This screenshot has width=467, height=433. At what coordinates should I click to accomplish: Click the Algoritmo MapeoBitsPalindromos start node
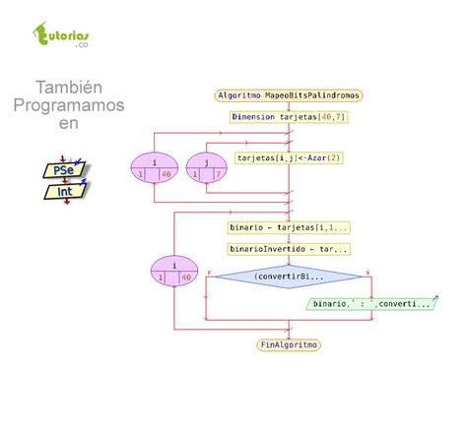(x=289, y=95)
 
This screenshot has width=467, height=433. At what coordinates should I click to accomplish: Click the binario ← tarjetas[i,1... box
(x=289, y=227)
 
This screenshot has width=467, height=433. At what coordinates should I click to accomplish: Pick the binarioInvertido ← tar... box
(x=289, y=249)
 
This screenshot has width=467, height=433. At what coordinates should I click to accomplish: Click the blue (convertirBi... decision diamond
(x=289, y=277)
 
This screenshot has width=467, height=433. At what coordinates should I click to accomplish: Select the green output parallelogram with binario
(x=370, y=304)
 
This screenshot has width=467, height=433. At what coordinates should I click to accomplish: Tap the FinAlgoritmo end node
(x=289, y=344)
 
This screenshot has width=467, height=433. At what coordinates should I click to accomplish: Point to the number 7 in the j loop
(x=216, y=174)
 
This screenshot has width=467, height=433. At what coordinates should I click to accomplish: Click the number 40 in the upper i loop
(x=167, y=174)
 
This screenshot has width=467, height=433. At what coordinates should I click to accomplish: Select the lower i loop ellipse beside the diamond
(x=173, y=270)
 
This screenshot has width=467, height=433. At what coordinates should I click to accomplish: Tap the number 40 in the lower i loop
(x=185, y=278)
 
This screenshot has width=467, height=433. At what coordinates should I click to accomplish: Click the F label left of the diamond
(x=209, y=271)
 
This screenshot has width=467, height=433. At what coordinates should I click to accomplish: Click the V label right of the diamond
(x=368, y=271)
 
